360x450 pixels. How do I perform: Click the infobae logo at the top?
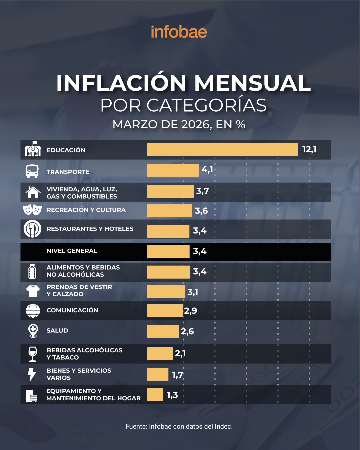point(179,32)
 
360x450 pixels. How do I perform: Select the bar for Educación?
point(222,150)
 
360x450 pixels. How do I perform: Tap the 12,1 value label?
point(309,149)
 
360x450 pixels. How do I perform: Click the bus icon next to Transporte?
point(32,171)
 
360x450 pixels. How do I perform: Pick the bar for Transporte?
point(173,170)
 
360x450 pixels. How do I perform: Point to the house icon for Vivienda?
point(33,192)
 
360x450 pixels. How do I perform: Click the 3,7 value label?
point(202,191)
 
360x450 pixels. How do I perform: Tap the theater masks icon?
point(32,210)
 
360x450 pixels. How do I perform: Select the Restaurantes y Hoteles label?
point(90,229)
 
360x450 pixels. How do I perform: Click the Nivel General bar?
point(168,251)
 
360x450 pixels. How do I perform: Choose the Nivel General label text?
point(72,251)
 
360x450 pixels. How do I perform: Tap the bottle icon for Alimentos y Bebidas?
point(32,272)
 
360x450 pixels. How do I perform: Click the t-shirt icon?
point(33,291)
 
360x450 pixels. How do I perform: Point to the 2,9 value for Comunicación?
point(191,311)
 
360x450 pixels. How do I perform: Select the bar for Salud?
point(163,331)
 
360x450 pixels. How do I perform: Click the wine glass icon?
point(33,354)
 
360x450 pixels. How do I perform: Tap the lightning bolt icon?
point(32,374)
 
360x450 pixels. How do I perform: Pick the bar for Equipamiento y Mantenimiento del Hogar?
point(155,395)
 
